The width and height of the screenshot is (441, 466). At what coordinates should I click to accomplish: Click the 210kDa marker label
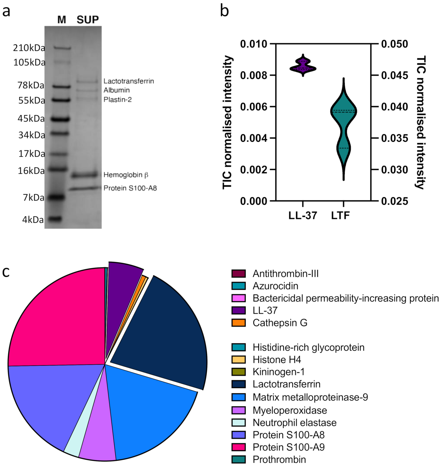point(29,48)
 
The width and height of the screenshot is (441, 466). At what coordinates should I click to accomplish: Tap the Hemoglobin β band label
point(126,175)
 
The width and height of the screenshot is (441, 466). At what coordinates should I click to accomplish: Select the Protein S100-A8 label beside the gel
point(130,188)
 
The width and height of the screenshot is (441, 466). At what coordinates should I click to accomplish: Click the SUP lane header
point(88,20)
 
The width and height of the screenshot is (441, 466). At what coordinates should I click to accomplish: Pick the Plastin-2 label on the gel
point(117,100)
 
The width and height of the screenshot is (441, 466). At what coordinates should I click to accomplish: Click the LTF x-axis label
point(340,216)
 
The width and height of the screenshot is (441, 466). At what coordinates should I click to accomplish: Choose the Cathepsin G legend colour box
point(239,323)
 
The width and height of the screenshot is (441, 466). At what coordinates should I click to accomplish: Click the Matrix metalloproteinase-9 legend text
point(310,397)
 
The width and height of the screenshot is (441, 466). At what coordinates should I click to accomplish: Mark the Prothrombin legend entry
point(279,460)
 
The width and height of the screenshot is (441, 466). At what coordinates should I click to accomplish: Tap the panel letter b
point(224,11)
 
